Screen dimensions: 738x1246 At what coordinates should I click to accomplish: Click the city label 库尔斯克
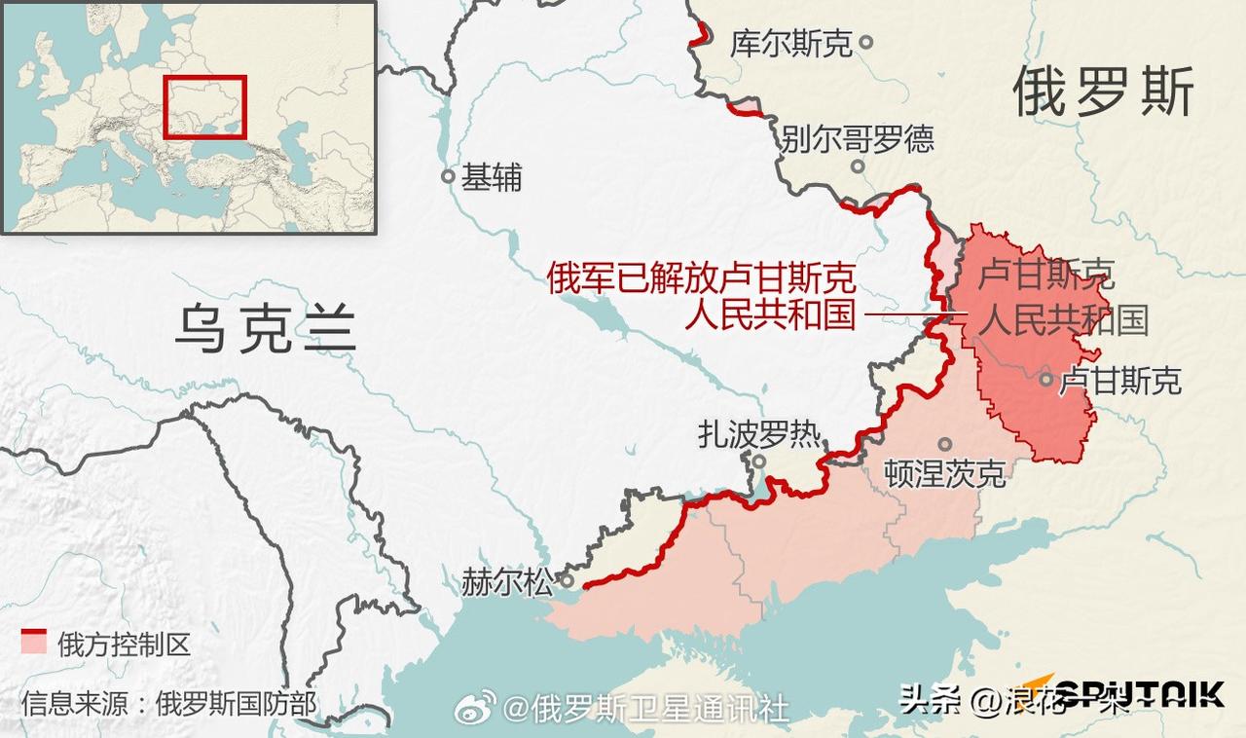click(790, 43)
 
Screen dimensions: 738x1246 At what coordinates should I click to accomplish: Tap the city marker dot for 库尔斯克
click(866, 42)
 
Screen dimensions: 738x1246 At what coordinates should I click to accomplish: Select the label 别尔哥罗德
click(857, 138)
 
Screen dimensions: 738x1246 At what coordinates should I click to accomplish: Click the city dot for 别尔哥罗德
click(858, 166)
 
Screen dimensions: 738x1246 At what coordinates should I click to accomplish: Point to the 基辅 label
click(492, 177)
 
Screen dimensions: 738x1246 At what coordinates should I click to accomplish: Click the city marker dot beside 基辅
click(448, 177)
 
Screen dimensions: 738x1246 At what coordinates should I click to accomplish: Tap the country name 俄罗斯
click(1103, 94)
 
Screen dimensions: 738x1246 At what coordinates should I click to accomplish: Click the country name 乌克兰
click(265, 328)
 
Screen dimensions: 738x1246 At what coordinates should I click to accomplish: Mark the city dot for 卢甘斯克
click(1045, 380)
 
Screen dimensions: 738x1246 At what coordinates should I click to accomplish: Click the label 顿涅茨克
click(944, 474)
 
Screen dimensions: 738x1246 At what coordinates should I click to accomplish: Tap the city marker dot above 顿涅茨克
click(944, 444)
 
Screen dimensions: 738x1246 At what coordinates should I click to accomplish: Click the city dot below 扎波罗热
click(759, 461)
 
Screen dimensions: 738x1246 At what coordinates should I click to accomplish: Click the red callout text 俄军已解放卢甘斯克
click(701, 279)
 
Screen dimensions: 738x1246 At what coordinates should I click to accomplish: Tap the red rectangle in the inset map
click(204, 107)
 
